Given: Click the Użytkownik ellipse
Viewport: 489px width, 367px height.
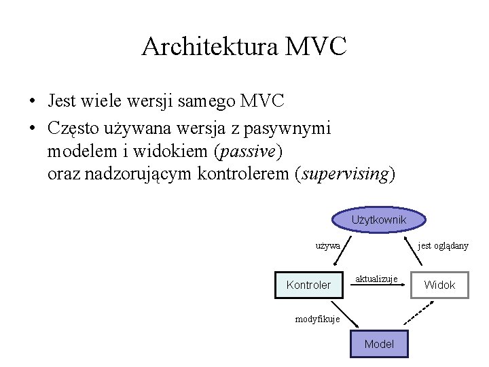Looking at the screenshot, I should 378,220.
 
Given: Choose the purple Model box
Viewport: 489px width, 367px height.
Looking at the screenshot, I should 378,344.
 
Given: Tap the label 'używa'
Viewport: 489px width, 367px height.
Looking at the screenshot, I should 328,245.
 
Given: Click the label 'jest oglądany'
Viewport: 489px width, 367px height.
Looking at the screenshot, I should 443,245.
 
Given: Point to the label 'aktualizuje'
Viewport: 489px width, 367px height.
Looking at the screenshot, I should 376,279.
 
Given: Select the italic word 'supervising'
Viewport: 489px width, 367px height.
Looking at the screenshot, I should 344,173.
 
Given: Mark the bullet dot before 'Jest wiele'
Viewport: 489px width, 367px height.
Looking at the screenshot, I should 33,103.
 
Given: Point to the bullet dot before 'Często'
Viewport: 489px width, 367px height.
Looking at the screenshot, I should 33,127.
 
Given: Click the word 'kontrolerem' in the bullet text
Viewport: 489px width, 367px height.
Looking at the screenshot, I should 242,173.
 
